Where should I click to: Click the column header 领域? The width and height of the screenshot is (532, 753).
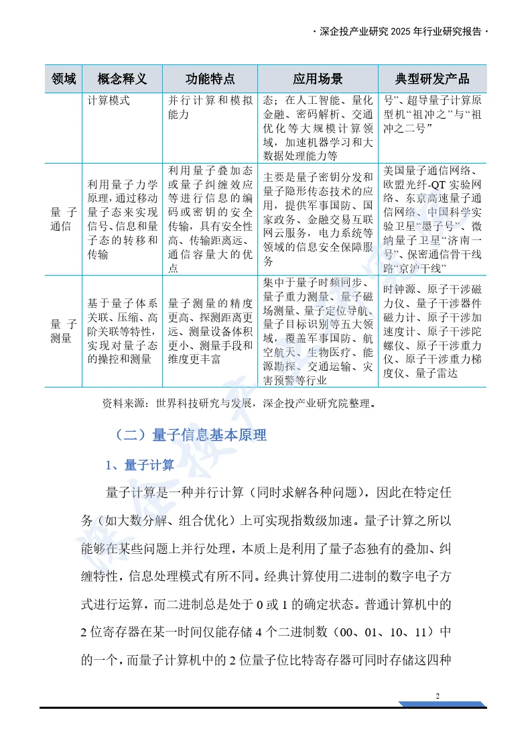pyautogui.click(x=63, y=79)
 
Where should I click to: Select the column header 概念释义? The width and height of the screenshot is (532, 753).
pyautogui.click(x=122, y=79)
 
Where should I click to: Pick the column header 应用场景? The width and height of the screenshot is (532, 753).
pyautogui.click(x=318, y=79)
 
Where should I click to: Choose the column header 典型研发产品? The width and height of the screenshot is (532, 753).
pyautogui.click(x=432, y=79)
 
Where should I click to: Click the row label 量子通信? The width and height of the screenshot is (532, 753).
pyautogui.click(x=63, y=219)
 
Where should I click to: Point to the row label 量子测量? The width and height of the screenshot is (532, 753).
pyautogui.click(x=63, y=331)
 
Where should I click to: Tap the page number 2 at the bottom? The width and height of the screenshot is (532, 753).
pyautogui.click(x=438, y=695)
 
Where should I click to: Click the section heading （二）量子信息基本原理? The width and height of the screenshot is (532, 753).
pyautogui.click(x=190, y=435)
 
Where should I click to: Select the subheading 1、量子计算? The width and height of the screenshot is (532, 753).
pyautogui.click(x=140, y=465)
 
